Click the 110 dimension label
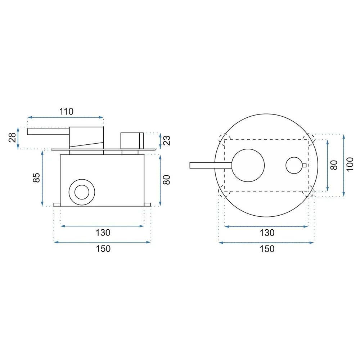[66, 112]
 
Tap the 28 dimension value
[13, 138]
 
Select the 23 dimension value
[167, 140]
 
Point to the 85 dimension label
[36, 178]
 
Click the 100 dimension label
[350, 164]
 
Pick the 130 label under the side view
[103, 233]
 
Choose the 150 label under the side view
[103, 249]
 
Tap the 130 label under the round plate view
[267, 233]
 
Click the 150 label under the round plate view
[267, 249]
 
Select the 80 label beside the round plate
[334, 165]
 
